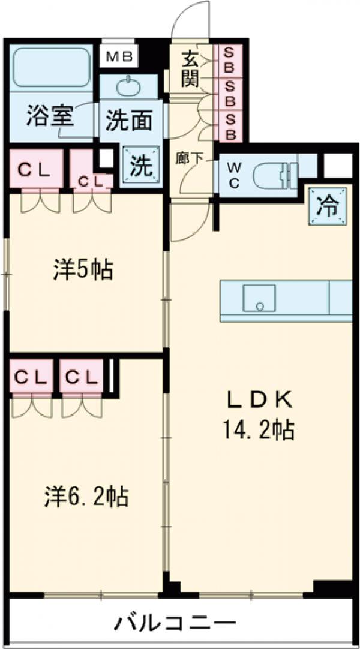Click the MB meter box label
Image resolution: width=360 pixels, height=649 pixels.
point(120,57)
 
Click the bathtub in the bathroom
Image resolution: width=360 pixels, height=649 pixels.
point(50,66)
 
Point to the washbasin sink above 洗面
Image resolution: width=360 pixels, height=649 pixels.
point(127,87)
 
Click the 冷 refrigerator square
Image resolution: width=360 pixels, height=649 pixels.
point(328,206)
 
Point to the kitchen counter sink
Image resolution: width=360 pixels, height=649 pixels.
point(259,298)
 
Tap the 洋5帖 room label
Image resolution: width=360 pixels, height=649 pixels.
point(83,271)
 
